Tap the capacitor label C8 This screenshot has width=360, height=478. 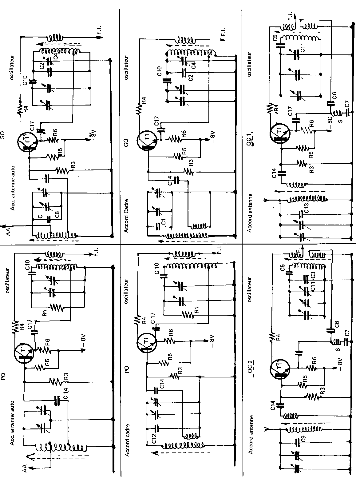pos(57,213)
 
